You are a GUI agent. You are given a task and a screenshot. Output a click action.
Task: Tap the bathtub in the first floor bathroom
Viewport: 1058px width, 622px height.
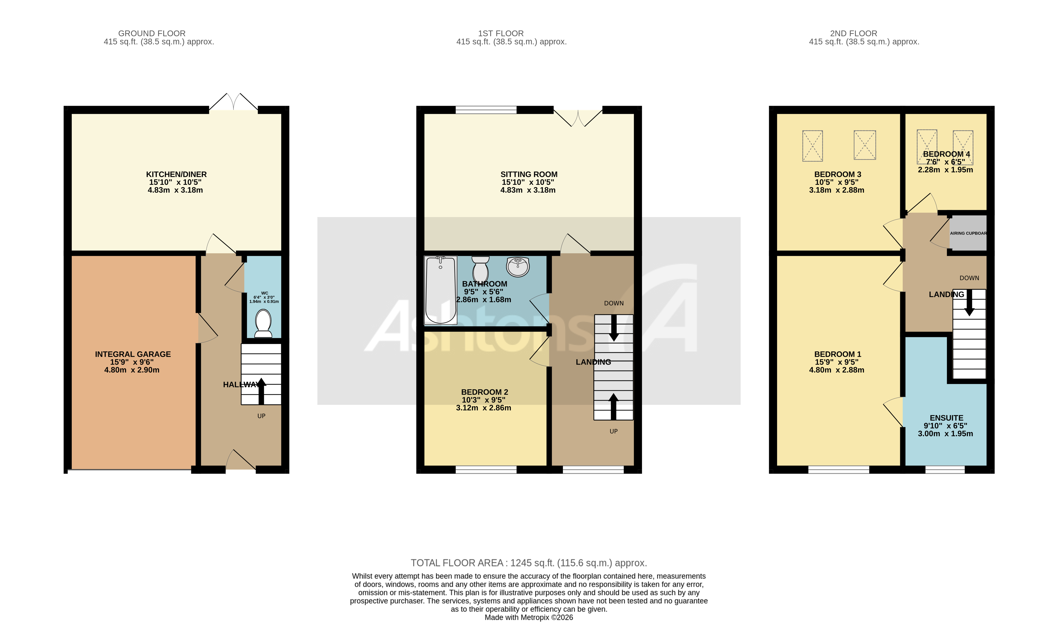click(x=440, y=290)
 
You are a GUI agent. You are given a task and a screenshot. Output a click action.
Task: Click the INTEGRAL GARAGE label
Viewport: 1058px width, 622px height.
click(x=133, y=354)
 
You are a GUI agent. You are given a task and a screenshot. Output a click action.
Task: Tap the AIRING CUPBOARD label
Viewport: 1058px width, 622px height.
click(x=968, y=233)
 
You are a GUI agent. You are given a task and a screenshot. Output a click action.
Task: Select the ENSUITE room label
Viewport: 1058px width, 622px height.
click(x=946, y=418)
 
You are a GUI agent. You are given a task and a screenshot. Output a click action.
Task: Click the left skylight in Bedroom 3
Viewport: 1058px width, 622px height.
click(x=812, y=146)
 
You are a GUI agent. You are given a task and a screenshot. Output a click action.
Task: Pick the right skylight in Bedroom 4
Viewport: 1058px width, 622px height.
click(x=963, y=147)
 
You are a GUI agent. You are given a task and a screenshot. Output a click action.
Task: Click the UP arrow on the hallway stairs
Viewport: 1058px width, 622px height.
click(x=261, y=391)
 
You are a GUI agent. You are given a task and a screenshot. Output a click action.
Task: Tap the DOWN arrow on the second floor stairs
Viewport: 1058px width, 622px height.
click(x=969, y=303)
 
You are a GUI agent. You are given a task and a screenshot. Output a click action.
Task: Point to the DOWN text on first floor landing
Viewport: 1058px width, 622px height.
click(x=614, y=303)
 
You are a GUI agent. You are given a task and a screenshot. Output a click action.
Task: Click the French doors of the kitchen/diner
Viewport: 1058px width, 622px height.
click(x=234, y=103)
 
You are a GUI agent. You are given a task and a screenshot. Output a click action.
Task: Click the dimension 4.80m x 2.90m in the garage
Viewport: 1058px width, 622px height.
click(x=132, y=370)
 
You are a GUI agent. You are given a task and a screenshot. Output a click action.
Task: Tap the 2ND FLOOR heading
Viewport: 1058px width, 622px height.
click(x=853, y=33)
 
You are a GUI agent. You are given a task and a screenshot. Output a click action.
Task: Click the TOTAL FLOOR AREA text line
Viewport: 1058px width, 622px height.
click(x=529, y=563)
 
